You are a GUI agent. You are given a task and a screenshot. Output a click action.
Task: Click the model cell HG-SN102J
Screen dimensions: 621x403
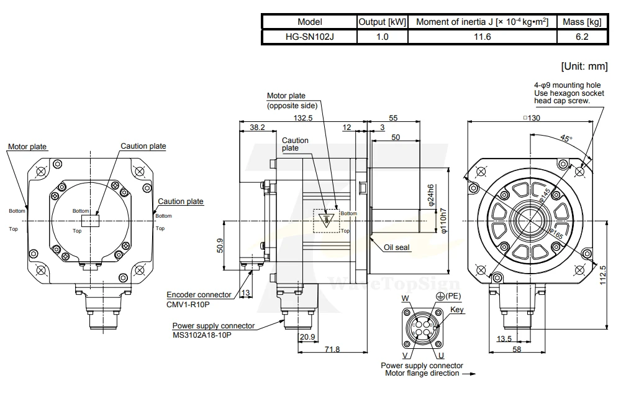point(309,37)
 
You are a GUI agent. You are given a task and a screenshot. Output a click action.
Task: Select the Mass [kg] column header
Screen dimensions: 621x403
point(582,22)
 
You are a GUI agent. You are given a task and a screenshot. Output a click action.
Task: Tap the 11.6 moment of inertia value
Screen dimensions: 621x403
point(482,37)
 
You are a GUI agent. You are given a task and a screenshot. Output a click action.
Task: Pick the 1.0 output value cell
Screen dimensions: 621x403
point(382,37)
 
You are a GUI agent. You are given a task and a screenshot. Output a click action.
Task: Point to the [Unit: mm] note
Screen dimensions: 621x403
point(584,67)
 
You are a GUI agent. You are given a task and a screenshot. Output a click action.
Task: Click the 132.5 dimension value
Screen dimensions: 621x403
point(303,118)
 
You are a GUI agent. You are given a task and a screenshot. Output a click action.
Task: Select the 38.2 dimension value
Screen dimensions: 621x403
point(258,127)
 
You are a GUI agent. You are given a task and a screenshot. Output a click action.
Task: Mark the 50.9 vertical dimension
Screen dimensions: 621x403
point(220,245)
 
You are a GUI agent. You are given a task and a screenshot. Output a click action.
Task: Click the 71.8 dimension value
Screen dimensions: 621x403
point(332,349)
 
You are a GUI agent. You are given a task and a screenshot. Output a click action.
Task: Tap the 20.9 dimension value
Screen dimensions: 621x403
point(307,337)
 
